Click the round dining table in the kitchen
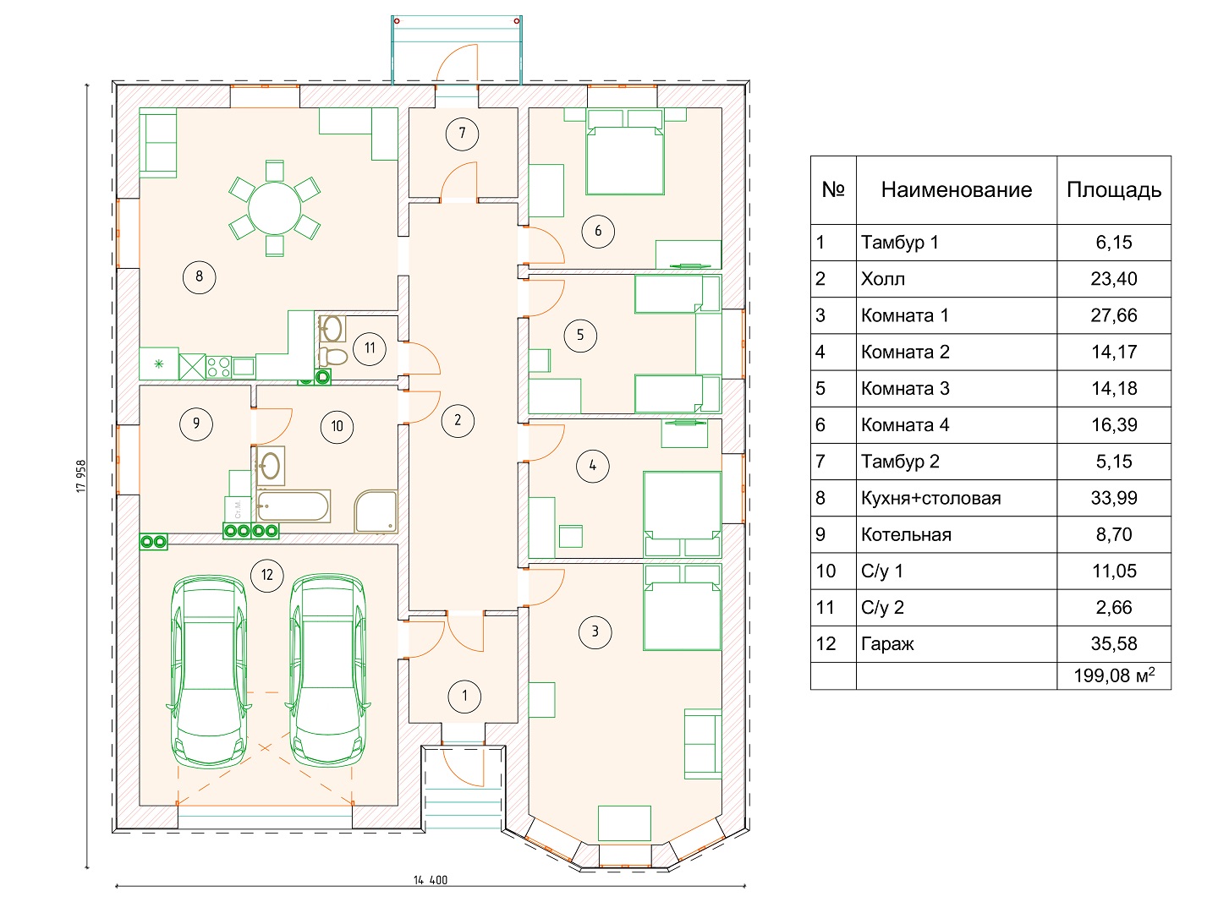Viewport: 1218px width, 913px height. (274, 209)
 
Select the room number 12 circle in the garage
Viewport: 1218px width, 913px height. (267, 575)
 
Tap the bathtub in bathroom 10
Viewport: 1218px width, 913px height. (294, 506)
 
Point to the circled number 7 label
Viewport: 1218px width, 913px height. (462, 134)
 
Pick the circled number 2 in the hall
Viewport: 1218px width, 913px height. (458, 421)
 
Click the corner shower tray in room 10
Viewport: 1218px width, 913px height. (376, 511)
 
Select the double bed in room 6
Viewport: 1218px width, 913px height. (625, 152)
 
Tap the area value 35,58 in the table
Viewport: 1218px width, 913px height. (1114, 643)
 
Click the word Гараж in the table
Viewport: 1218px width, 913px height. (886, 644)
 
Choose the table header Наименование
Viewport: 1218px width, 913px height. (956, 190)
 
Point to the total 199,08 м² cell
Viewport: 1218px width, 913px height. (1114, 675)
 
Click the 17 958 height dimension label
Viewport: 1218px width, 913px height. (81, 476)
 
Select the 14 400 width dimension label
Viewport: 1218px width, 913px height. (431, 880)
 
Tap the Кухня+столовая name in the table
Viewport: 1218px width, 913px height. (930, 499)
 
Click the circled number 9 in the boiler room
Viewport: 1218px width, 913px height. (196, 424)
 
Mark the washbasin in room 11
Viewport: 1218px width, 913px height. (332, 329)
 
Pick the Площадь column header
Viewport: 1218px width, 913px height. (1114, 191)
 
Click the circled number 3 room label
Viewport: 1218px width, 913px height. (595, 632)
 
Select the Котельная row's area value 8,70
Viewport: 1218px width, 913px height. (1114, 534)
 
